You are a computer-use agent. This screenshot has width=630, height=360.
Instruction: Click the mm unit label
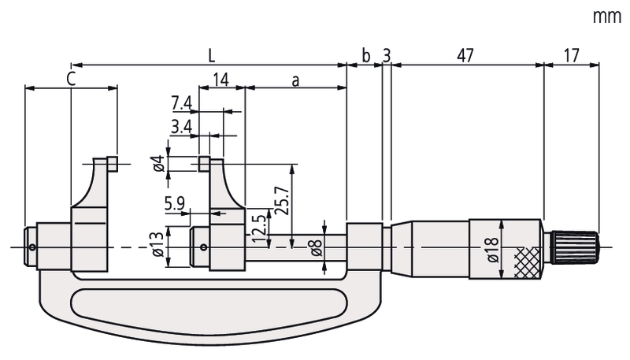607,17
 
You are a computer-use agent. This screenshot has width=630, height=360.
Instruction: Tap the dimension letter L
211,56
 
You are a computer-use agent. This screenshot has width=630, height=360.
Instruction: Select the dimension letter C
71,79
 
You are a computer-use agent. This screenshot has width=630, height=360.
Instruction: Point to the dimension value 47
465,56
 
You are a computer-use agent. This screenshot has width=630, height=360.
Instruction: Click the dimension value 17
572,56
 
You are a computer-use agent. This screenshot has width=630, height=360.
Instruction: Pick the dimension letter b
365,56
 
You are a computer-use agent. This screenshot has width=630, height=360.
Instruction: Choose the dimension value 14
220,80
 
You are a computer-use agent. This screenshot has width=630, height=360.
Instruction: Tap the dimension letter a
296,81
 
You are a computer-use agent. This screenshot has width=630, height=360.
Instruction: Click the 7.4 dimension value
182,104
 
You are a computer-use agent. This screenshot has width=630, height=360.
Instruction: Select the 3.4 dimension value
182,127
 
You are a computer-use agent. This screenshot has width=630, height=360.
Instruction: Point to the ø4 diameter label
160,163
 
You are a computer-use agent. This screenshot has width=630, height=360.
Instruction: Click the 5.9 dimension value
174,204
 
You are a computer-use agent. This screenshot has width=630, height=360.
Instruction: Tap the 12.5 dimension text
259,228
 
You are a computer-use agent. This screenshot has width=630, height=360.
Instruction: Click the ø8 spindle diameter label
317,247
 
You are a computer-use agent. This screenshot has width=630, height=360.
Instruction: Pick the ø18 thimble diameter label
493,249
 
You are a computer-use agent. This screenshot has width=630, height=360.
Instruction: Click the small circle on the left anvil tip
32,247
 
